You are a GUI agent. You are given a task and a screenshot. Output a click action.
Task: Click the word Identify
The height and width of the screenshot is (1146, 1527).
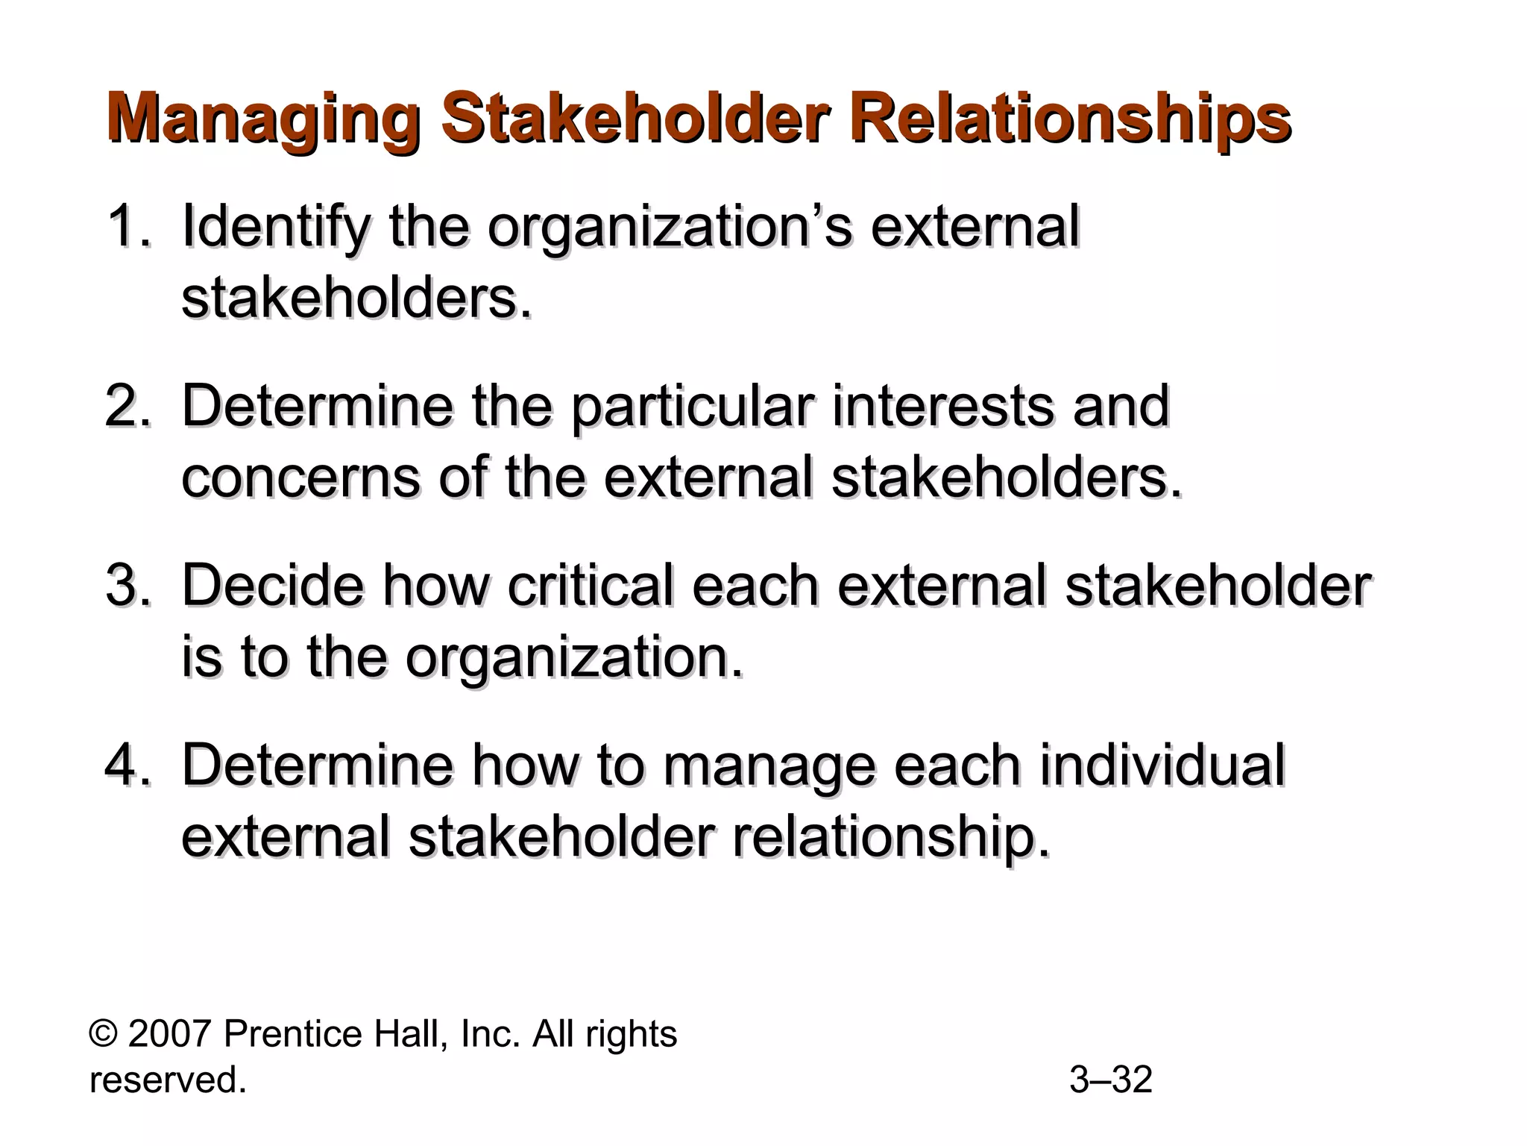coord(275,227)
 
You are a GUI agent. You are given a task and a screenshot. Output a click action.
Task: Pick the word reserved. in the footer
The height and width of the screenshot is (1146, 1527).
coord(168,1080)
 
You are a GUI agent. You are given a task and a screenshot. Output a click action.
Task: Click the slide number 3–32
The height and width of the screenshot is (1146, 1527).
coord(1111,1080)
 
